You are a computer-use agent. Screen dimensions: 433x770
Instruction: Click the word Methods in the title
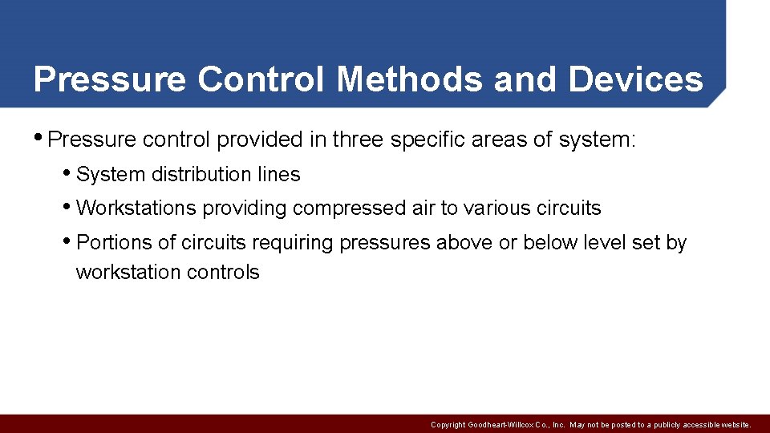pyautogui.click(x=410, y=79)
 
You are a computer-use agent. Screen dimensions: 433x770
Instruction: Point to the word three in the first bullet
pyautogui.click(x=359, y=140)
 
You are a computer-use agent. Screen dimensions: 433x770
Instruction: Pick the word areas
pyautogui.click(x=501, y=140)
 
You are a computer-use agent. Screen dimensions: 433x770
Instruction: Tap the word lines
pyautogui.click(x=278, y=174)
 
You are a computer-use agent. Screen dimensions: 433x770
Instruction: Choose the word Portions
pyautogui.click(x=113, y=242)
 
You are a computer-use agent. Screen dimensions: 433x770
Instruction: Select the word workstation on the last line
pyautogui.click(x=128, y=273)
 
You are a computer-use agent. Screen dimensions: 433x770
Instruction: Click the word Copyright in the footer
pyautogui.click(x=448, y=424)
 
